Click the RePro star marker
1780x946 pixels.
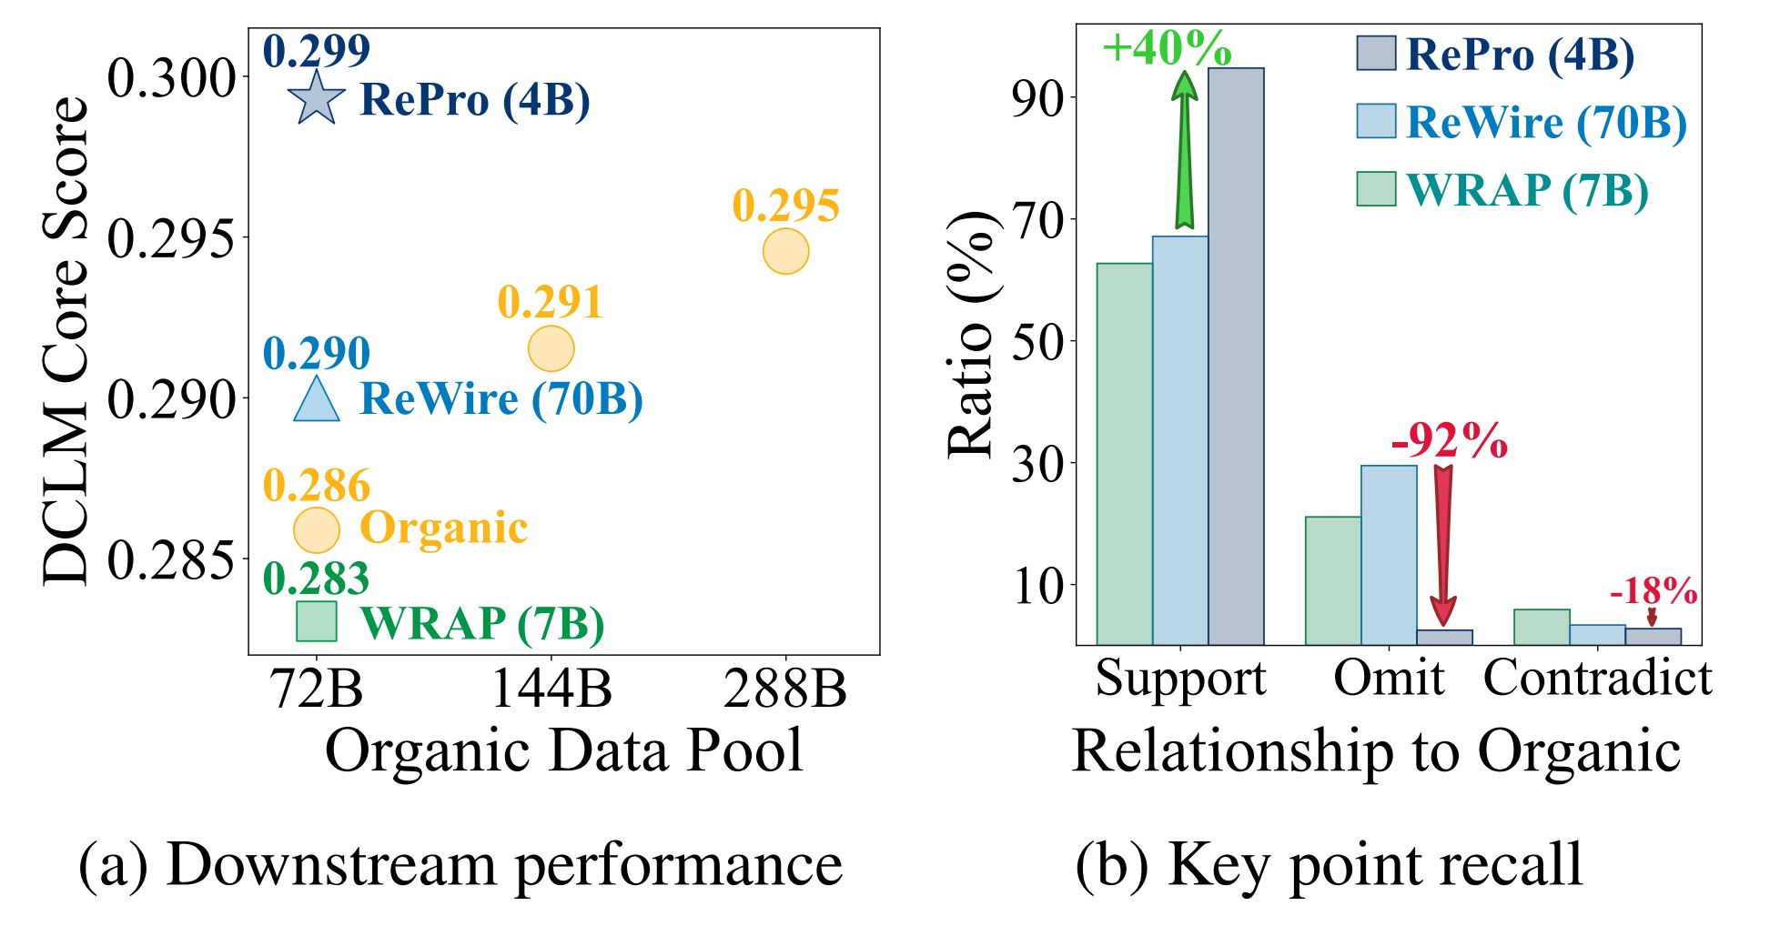[x=316, y=98]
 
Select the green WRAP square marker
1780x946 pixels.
[x=316, y=621]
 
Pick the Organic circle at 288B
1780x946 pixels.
[x=785, y=252]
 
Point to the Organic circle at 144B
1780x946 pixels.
[x=551, y=348]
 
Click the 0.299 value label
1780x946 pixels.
[x=316, y=51]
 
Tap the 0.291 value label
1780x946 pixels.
[x=550, y=302]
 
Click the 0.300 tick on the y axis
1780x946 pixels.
[x=171, y=78]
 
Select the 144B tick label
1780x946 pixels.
[x=551, y=689]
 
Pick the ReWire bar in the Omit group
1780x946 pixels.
[x=1389, y=555]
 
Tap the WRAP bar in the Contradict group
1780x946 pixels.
[x=1542, y=628]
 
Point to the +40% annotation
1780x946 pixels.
[x=1167, y=47]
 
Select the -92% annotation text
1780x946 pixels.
[x=1449, y=441]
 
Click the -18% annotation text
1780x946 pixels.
[x=1653, y=591]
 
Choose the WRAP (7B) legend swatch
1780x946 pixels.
[x=1375, y=188]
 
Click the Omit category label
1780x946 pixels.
[x=1389, y=679]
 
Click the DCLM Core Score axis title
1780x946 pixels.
[x=66, y=341]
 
